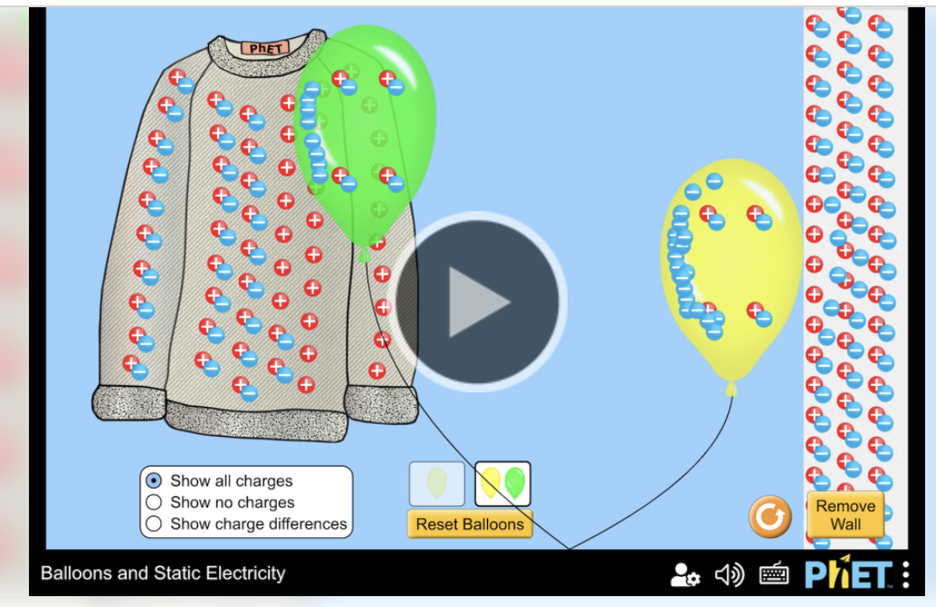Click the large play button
pos(479,302)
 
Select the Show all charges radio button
pos(154,480)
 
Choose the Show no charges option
pos(154,502)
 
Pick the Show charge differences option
pos(154,524)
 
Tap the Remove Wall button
pos(845,515)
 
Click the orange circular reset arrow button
pos(770,517)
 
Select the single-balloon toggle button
pos(437,483)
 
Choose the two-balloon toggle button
pos(502,483)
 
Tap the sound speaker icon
pos(729,574)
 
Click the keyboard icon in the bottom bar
pos(774,574)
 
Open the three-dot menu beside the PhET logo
pos(906,574)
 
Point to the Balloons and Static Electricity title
pos(163,573)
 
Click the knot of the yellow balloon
pos(731,389)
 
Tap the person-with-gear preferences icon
pos(684,574)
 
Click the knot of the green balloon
pos(365,256)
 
